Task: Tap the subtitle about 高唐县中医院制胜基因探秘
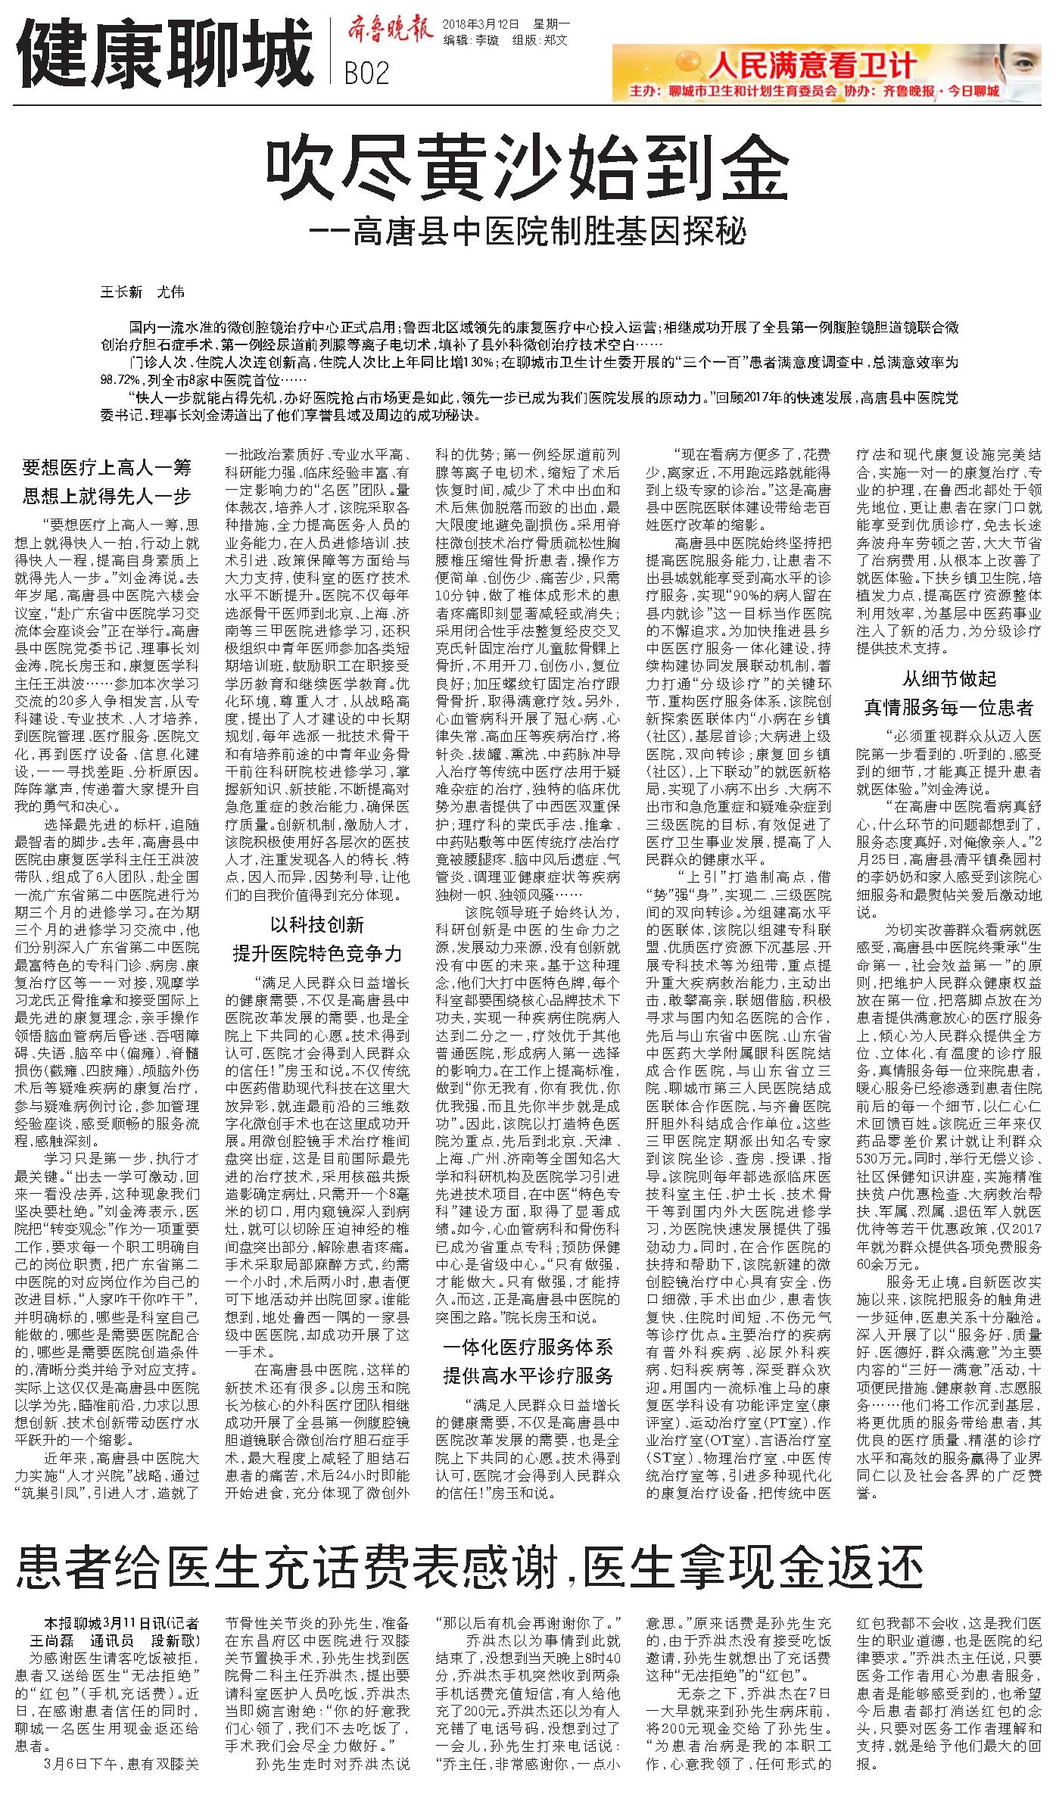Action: point(530,231)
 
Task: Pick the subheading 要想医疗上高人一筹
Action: point(107,468)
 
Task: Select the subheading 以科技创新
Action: point(318,924)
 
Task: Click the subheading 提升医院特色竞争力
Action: point(318,953)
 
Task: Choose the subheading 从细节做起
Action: point(949,678)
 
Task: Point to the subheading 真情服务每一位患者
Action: point(949,708)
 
